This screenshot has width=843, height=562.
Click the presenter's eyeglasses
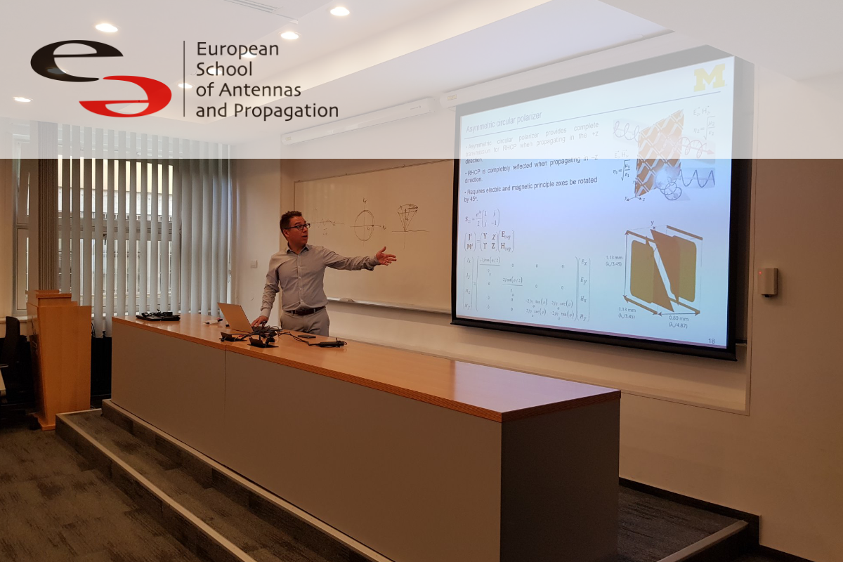297,226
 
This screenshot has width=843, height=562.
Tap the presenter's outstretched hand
386,256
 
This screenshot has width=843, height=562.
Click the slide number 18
712,341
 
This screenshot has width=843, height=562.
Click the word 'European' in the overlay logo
237,49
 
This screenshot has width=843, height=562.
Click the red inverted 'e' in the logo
126,97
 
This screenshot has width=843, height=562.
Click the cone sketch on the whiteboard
407,216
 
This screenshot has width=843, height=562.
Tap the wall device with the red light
768,282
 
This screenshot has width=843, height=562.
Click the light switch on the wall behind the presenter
254,263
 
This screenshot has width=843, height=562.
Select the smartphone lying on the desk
307,336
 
